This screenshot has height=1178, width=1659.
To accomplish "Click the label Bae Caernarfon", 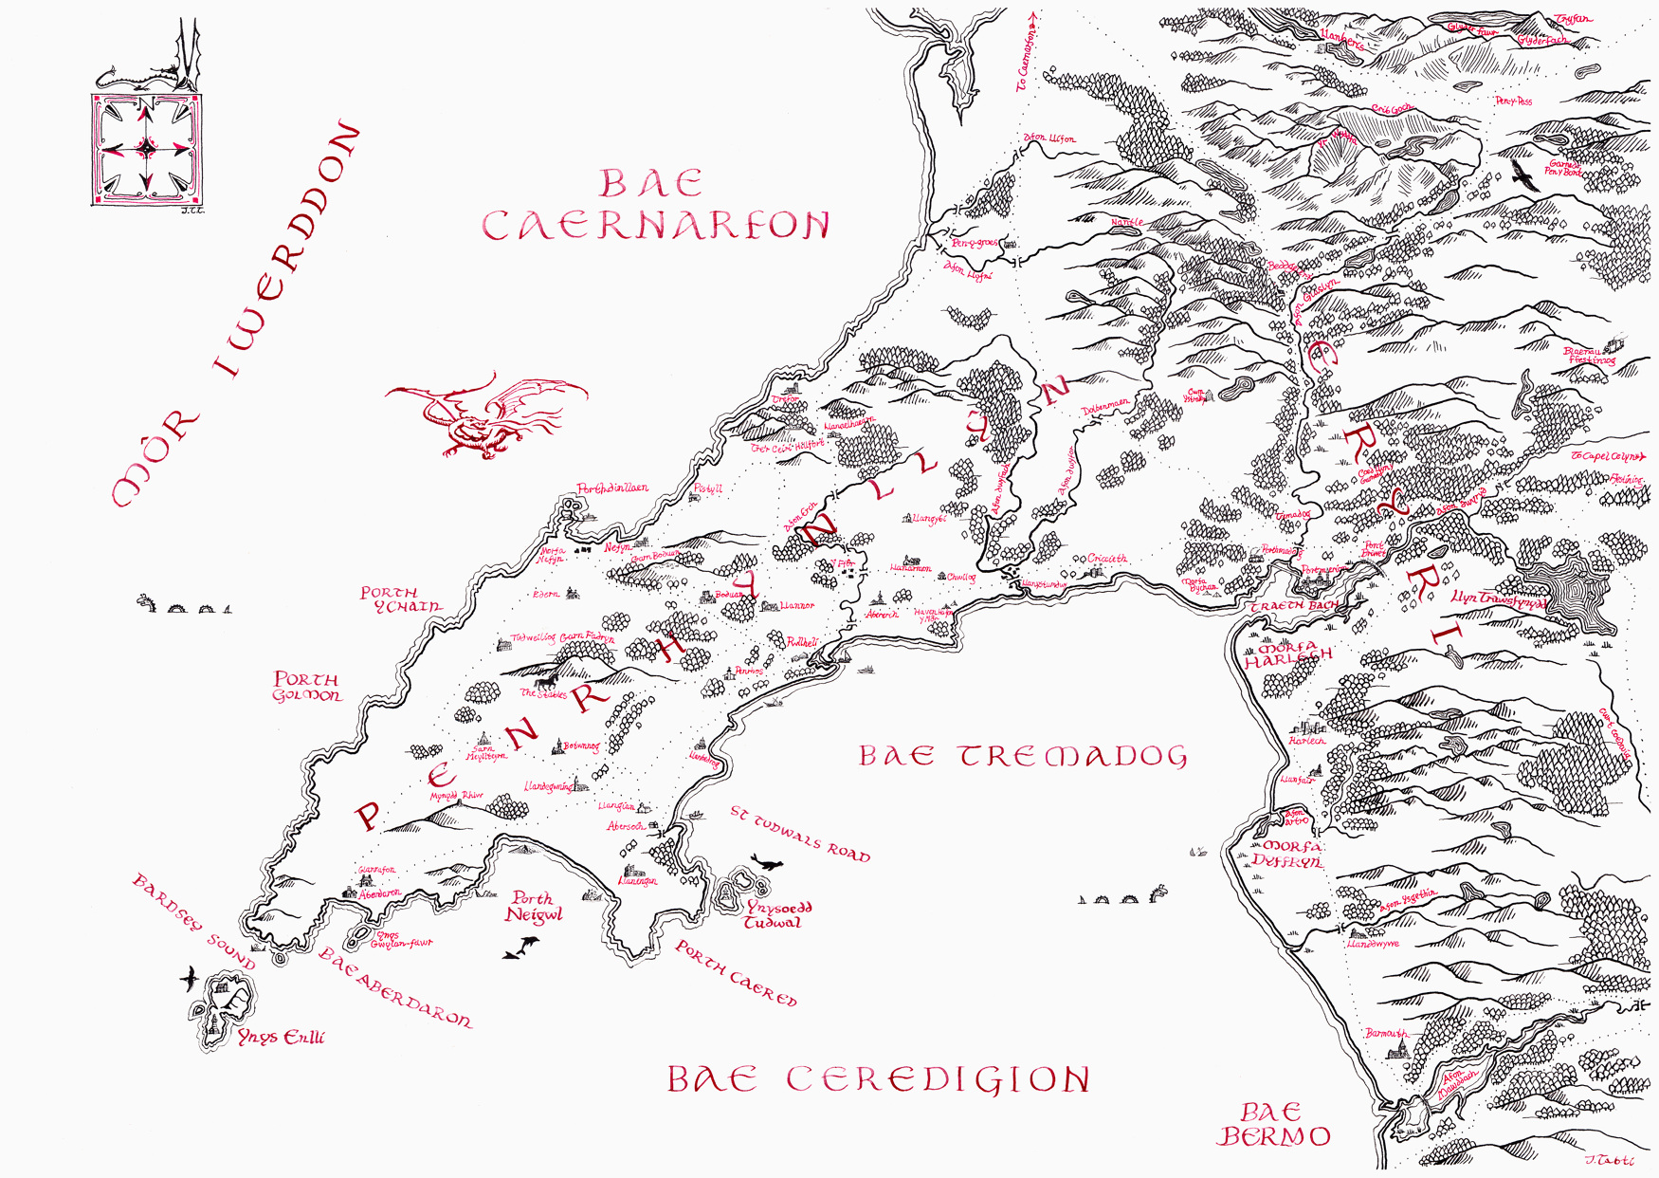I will (x=654, y=206).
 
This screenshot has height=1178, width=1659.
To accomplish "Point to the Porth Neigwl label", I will (x=534, y=907).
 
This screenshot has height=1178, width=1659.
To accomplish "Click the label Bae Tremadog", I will (x=1022, y=756).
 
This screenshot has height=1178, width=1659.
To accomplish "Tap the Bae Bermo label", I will (x=1273, y=1125).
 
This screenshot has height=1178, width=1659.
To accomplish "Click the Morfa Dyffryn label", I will (x=1286, y=854).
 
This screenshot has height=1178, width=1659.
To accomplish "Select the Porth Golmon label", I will (x=306, y=688).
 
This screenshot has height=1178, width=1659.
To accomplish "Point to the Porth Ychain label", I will (x=400, y=599).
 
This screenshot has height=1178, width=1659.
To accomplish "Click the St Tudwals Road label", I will (x=799, y=834).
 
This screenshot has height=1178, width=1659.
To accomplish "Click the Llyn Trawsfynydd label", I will (x=1498, y=600).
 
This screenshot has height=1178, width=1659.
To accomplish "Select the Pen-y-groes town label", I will (x=974, y=243).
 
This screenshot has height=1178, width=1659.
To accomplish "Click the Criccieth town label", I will (x=1106, y=559).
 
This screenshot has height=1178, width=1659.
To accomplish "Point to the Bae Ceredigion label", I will (x=878, y=1079).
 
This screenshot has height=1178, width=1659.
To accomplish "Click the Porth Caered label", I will (x=736, y=972).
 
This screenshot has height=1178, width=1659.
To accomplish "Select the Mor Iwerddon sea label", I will (x=237, y=313).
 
